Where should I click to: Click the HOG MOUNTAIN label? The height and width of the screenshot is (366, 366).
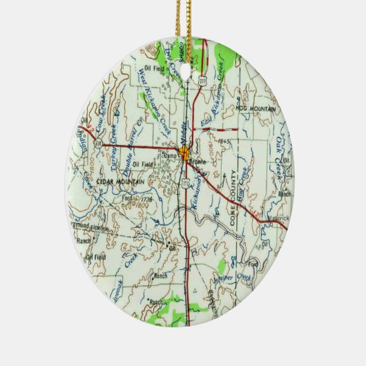[256, 109]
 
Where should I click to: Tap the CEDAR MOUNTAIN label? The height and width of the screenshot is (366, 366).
[121, 181]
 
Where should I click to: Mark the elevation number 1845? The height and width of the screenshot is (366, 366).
[222, 140]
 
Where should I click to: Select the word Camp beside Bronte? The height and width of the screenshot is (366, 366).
[171, 156]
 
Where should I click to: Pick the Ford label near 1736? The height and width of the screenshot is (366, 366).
[126, 196]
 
